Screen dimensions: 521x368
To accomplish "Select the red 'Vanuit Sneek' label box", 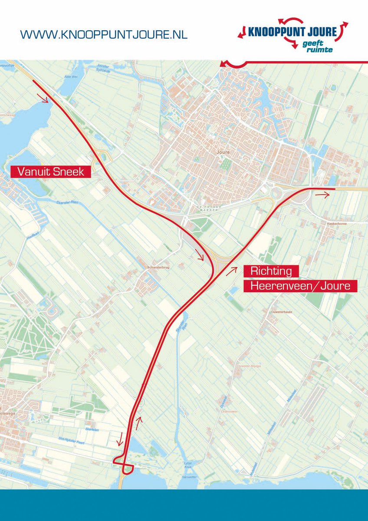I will click(50, 171).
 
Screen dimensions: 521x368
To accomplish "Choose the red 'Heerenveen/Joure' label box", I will click(300, 286).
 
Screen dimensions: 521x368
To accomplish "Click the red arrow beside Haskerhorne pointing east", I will click(322, 195).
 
